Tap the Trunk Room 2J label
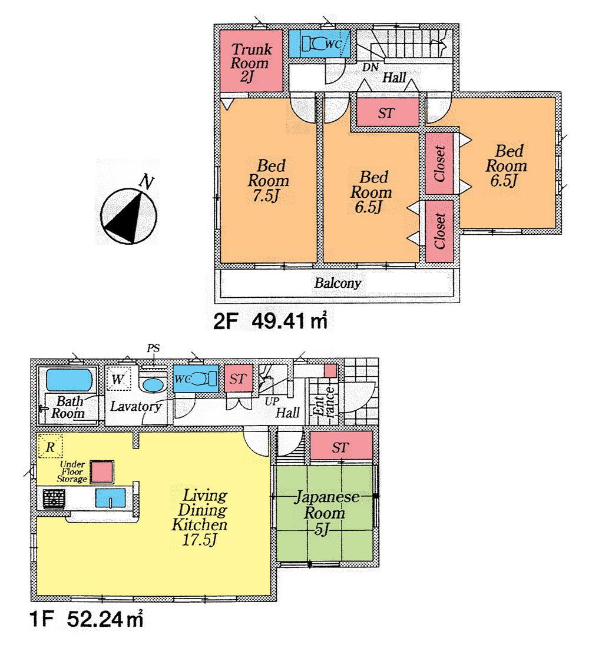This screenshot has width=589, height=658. pos(251,63)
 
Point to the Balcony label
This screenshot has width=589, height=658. pos(337,283)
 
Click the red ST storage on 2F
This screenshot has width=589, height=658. pos(386,113)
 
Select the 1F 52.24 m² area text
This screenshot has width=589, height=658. pos(86,619)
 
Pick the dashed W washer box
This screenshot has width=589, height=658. pos(120,380)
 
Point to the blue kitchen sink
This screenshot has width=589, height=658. pos(111,499)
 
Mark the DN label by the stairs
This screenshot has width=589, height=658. pos(369,67)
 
